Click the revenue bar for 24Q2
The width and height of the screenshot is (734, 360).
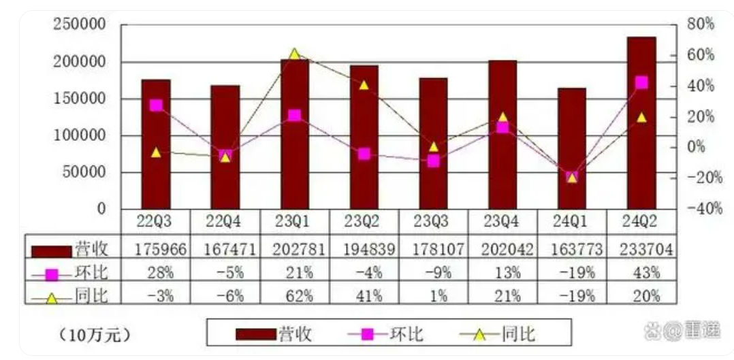pyautogui.click(x=641, y=122)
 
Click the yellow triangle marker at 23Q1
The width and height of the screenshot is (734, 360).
pyautogui.click(x=294, y=54)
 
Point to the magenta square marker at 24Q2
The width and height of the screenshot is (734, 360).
pyautogui.click(x=641, y=83)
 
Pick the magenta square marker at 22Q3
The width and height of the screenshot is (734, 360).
pyautogui.click(x=156, y=105)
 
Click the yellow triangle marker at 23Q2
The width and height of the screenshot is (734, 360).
pyautogui.click(x=364, y=85)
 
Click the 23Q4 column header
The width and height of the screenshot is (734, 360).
pyautogui.click(x=502, y=222)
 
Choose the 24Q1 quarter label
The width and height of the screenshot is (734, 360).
pyautogui.click(x=572, y=222)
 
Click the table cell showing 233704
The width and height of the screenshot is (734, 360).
pyautogui.click(x=641, y=250)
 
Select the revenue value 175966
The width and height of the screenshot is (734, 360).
pyautogui.click(x=156, y=250)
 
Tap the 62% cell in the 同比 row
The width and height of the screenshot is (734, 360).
pyautogui.click(x=294, y=295)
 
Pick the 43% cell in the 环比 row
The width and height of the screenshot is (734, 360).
pyautogui.click(x=641, y=273)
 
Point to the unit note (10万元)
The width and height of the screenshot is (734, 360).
pyautogui.click(x=96, y=335)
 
